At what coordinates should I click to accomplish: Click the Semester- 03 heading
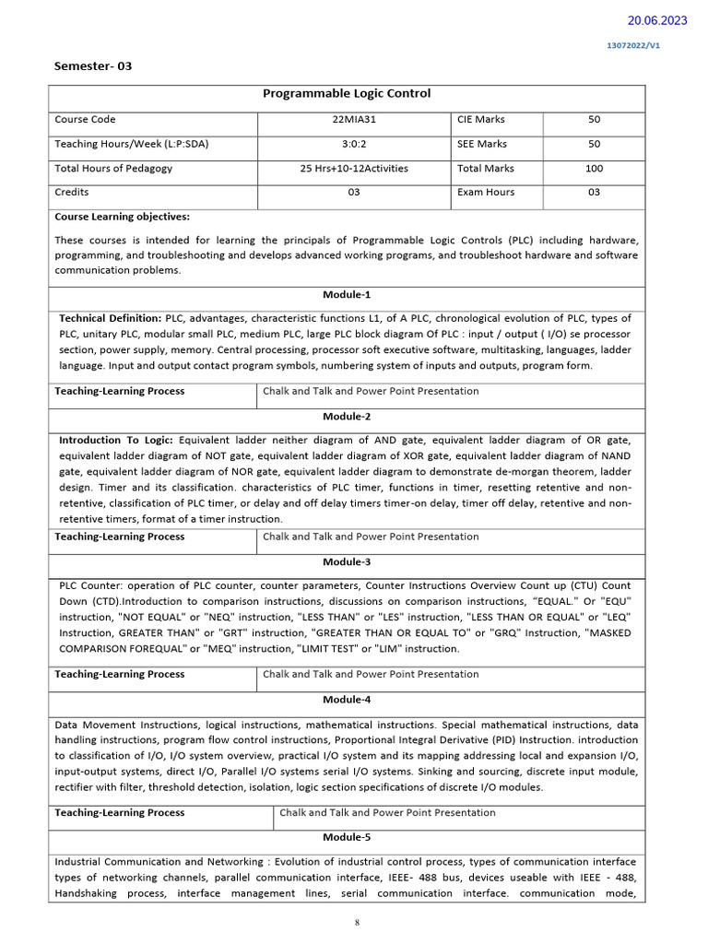(93, 66)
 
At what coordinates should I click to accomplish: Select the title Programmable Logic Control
(347, 94)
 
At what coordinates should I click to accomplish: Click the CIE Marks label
(480, 120)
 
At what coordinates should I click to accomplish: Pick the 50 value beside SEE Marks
(594, 144)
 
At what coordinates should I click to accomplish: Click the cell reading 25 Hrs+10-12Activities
(354, 169)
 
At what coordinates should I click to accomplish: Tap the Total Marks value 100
(594, 169)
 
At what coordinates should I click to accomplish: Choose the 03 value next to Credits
(354, 193)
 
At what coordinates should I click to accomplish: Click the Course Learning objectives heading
(122, 217)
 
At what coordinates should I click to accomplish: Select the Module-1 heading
(347, 295)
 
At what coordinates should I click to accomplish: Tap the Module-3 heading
(347, 561)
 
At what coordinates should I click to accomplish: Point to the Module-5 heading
(347, 837)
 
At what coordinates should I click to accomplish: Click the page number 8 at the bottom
(356, 922)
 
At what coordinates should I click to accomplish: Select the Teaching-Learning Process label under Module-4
(120, 813)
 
